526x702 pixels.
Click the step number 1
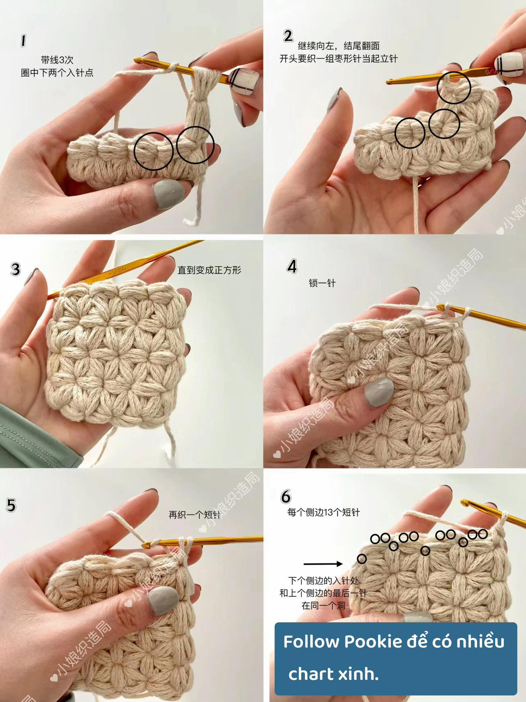pos(23,41)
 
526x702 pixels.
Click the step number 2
pos(288,36)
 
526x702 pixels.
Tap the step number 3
pos(15,269)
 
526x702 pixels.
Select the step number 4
pos(292,266)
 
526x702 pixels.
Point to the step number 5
pos(11,505)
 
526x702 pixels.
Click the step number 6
pos(286,496)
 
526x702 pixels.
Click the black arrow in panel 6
pos(323,564)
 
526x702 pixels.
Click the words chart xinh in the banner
pos(333,674)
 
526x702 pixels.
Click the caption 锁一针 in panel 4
pos(322,283)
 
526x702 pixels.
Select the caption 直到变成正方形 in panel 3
pos(209,270)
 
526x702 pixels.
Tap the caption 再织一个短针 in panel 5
pos(194,514)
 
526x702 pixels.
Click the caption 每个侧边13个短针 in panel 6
pos(323,512)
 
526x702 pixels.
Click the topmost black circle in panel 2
pos(454,87)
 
